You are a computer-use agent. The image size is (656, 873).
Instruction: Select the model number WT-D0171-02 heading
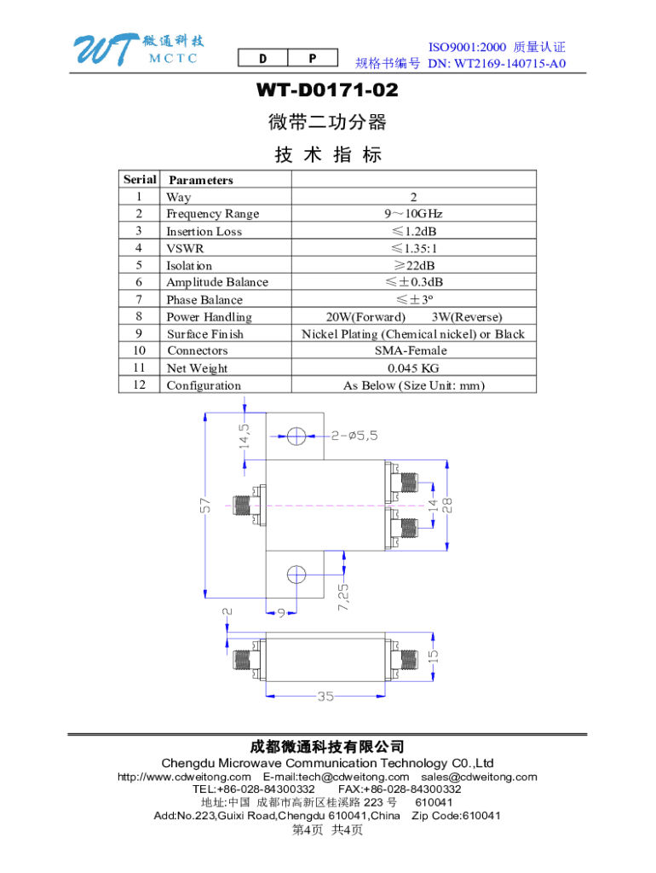(x=327, y=90)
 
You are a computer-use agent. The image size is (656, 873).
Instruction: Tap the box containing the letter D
(x=262, y=58)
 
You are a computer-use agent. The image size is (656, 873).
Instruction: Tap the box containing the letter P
(x=313, y=58)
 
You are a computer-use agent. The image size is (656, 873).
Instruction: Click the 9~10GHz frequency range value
(x=413, y=214)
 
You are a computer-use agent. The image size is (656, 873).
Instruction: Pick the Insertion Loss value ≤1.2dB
(x=413, y=231)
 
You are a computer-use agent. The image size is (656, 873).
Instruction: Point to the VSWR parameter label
(x=185, y=248)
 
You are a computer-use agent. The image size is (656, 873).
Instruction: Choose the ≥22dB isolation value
(x=414, y=266)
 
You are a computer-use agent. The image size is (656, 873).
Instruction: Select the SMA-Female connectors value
(x=411, y=350)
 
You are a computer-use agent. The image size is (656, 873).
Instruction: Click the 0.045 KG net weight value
(x=413, y=368)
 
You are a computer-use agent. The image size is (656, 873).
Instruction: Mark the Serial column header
(x=140, y=179)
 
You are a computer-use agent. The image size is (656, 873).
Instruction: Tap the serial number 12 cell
(x=139, y=384)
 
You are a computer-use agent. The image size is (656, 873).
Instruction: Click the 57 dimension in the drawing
(x=205, y=506)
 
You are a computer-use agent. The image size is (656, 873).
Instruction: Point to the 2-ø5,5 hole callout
(x=354, y=436)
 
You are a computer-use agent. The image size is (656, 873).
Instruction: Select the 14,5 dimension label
(x=244, y=436)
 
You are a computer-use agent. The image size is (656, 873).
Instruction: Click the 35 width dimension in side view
(x=325, y=696)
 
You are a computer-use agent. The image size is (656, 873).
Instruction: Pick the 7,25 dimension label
(x=343, y=598)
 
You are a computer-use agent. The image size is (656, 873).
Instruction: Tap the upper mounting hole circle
(x=296, y=436)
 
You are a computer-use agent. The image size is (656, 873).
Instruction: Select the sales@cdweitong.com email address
(x=479, y=777)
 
